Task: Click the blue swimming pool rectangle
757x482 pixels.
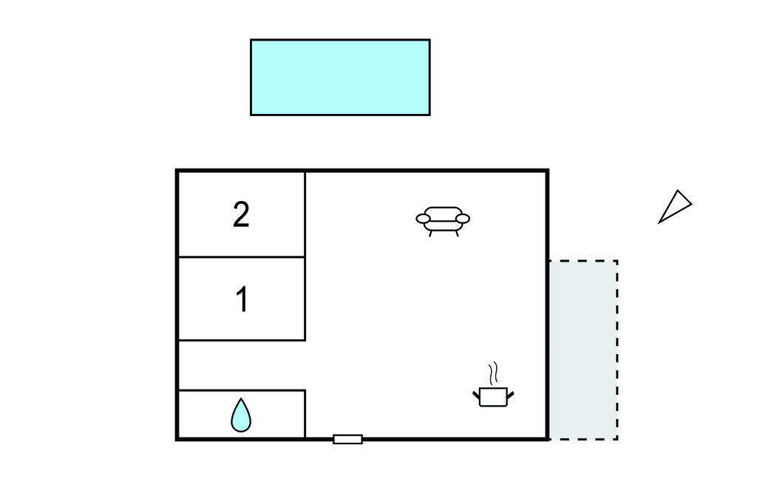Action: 340,78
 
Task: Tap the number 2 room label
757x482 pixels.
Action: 242,214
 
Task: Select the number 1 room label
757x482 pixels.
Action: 242,299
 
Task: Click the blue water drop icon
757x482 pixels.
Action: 241,415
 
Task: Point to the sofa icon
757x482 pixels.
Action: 443,221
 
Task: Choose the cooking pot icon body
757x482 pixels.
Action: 493,397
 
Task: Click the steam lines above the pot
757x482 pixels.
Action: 493,373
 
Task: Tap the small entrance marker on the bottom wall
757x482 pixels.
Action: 347,439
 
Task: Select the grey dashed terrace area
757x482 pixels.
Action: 584,350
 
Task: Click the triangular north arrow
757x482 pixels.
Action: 676,207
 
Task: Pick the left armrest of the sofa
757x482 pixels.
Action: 424,219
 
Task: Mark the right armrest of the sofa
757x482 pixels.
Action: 463,219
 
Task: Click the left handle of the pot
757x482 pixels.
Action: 476,395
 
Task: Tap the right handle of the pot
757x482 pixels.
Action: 510,395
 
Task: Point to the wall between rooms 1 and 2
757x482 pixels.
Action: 242,257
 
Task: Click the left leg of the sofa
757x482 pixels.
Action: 431,234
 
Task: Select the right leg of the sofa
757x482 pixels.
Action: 457,234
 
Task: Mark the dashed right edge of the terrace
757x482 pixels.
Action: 617,350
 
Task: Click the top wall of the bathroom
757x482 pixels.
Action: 242,390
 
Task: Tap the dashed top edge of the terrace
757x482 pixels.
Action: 584,261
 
